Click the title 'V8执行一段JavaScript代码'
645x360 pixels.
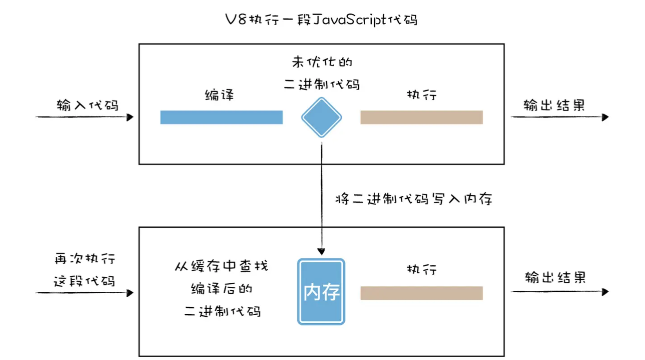(x=322, y=20)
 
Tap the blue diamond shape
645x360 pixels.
(x=322, y=118)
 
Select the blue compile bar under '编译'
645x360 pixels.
(x=222, y=118)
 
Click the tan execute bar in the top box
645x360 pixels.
(x=421, y=118)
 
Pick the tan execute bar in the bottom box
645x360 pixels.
(x=421, y=293)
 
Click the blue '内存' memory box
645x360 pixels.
(x=321, y=292)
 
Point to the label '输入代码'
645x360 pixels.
(x=87, y=105)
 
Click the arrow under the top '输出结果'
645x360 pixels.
(x=559, y=118)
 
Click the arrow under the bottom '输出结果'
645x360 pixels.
(x=559, y=292)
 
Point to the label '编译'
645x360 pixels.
(x=219, y=95)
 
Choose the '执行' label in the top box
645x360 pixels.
(x=422, y=95)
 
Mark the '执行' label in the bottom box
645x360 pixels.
(x=422, y=269)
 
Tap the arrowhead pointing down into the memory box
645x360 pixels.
(x=321, y=251)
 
